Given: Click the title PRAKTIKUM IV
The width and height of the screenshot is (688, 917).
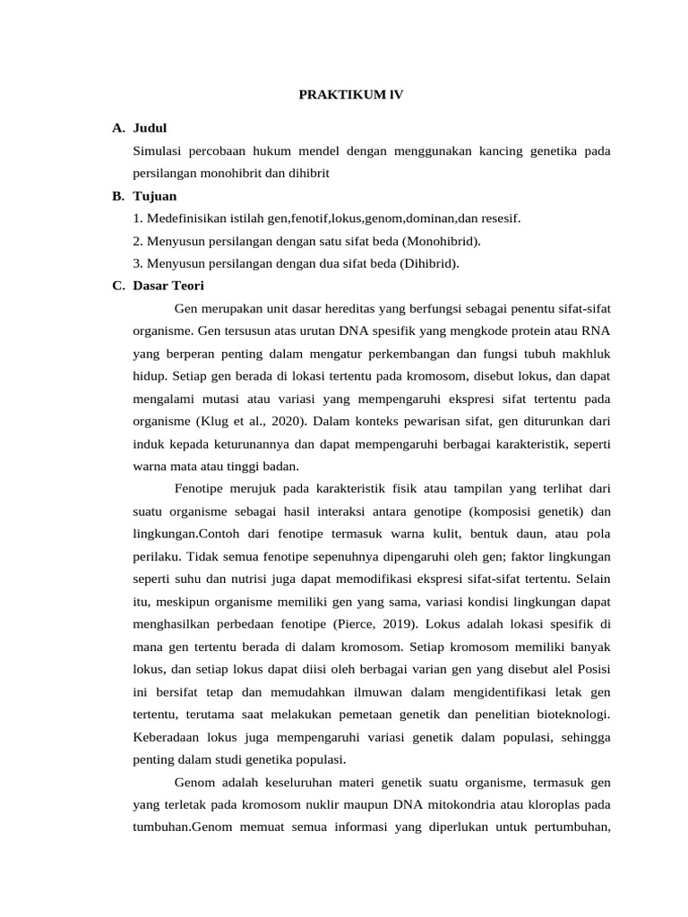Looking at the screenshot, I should point(350,94).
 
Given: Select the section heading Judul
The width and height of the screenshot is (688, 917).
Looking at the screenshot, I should point(150,129).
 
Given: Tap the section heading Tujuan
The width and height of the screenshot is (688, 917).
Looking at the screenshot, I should point(154,196).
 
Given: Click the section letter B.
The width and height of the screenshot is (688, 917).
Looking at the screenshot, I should point(117,196).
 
